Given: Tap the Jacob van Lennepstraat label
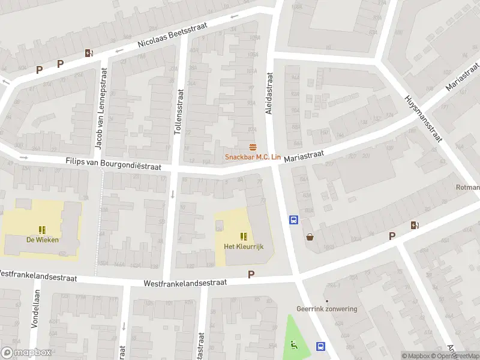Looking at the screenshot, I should (98, 113).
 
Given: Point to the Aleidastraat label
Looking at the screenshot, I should (269, 94).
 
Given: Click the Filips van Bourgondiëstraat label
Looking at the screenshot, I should (113, 164).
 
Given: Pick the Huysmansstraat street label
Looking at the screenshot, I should (424, 118).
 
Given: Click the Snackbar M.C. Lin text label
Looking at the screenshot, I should (253, 157).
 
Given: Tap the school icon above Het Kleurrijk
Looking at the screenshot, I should (244, 236).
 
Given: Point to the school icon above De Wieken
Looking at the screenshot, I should (42, 229).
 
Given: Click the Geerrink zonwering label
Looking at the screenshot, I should (326, 309).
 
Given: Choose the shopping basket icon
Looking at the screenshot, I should (310, 237).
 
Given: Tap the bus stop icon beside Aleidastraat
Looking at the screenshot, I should (294, 220).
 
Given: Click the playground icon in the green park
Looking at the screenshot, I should (293, 344).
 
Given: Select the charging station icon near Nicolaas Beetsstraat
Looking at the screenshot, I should (89, 53).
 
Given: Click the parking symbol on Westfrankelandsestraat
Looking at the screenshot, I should (251, 274).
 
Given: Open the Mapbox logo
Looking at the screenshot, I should (26, 353).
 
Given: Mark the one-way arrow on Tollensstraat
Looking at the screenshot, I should (173, 194).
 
